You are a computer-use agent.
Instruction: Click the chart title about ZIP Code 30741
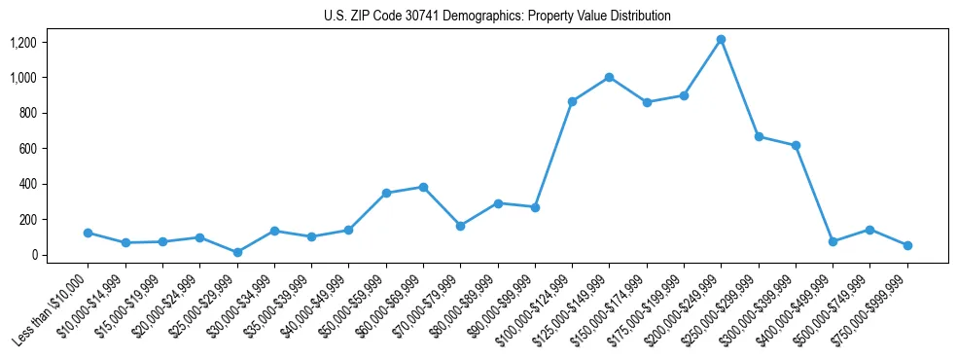point(497,17)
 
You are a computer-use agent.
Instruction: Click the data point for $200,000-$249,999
point(721,40)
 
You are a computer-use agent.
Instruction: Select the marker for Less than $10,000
point(89,234)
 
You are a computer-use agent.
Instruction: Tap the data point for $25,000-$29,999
point(237,252)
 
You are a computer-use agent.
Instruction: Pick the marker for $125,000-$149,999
point(609,77)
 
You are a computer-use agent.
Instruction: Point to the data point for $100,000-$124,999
point(572,101)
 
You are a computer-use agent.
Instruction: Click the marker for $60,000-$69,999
point(423,187)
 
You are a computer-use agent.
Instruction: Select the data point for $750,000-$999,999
point(907,245)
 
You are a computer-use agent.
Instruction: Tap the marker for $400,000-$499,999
point(833,241)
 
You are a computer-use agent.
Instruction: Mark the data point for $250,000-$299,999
point(759,136)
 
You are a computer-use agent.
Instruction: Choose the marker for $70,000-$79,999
point(460,226)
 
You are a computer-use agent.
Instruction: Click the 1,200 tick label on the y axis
point(23,43)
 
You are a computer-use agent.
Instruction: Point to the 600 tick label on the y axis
point(28,149)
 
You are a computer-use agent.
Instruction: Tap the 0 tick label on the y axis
point(36,255)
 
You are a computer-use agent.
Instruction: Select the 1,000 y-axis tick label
point(23,78)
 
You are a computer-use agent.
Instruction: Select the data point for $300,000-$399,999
point(796,145)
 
